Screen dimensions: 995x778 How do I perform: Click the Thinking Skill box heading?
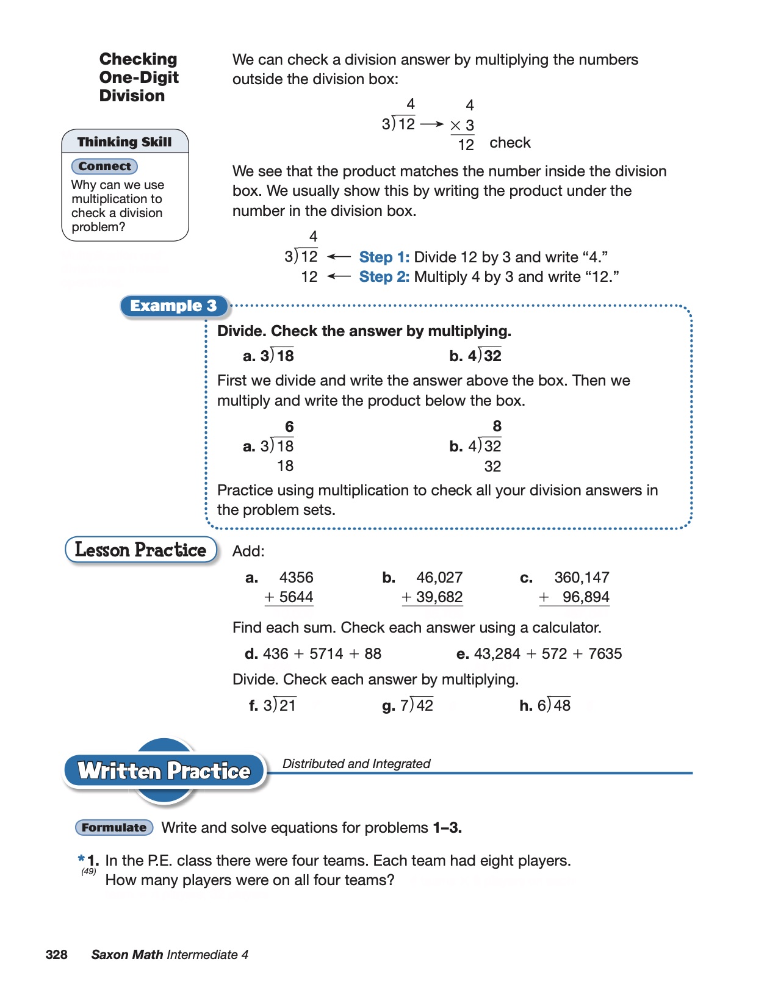coord(124,142)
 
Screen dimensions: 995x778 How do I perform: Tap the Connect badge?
coord(104,167)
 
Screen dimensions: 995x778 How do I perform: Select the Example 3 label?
coord(173,306)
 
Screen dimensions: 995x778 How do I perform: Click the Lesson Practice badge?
coord(141,550)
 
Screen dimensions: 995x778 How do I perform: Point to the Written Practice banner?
coord(164,771)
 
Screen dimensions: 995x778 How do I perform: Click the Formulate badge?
coord(114,827)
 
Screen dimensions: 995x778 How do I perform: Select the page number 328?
coord(56,955)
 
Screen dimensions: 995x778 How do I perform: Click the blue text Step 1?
coord(384,257)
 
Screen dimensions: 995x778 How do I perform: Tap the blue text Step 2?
coord(384,277)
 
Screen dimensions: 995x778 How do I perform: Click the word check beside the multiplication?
coord(510,143)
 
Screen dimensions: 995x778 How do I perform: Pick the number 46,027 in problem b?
coord(439,577)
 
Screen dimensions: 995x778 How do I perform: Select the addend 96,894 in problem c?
coord(586,597)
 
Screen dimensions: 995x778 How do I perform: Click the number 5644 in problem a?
coord(296,597)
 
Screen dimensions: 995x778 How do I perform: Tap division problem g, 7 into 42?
coord(417,705)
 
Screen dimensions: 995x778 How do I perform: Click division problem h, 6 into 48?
coord(554,705)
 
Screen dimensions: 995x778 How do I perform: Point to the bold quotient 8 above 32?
coord(497,426)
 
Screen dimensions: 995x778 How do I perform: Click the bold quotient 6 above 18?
coord(289,426)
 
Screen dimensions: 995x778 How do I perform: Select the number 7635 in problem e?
coord(605,654)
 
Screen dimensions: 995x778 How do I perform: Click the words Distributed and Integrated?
coord(356,764)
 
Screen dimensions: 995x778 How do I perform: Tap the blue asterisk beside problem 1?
coord(81,858)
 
